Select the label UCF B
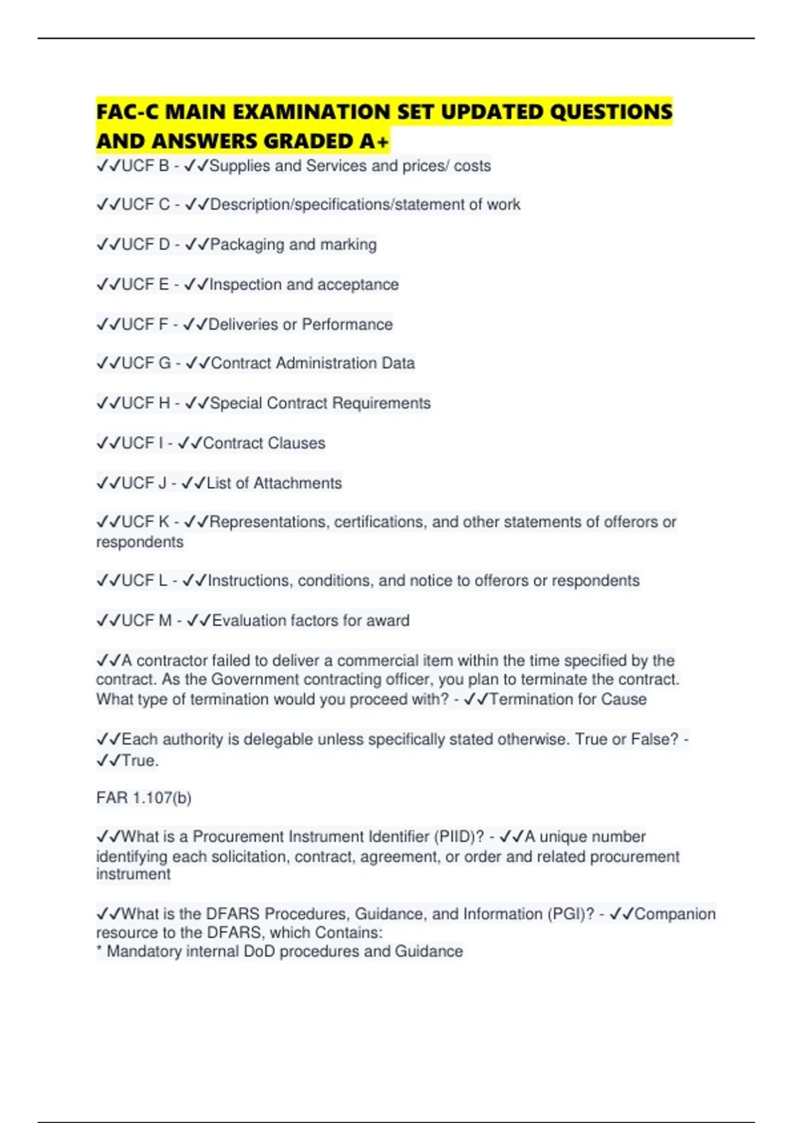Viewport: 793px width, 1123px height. (x=145, y=166)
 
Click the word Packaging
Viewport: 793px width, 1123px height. (x=247, y=244)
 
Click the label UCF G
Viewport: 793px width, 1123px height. (x=146, y=363)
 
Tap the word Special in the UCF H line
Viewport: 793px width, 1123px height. (x=236, y=403)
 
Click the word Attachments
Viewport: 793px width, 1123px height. (x=297, y=483)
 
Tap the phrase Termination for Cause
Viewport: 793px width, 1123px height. (x=568, y=699)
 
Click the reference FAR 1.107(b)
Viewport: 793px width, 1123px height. (x=143, y=798)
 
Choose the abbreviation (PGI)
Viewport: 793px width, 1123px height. (x=570, y=914)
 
